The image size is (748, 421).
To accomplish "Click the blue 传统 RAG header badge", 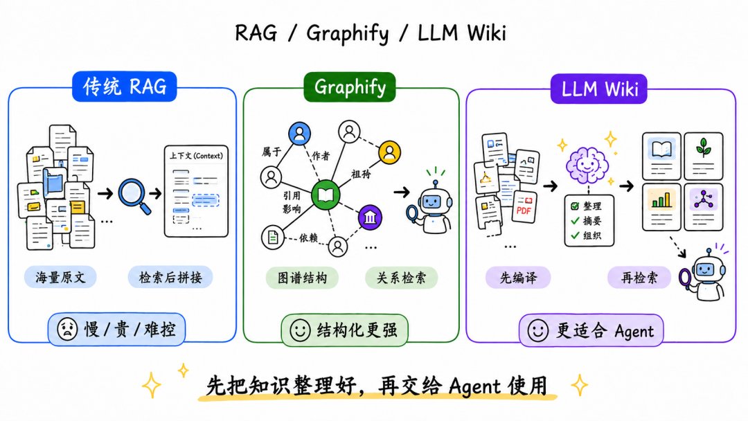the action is [125, 87].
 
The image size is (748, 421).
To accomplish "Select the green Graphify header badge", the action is [350, 87].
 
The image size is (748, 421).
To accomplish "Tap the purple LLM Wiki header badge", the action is [598, 89].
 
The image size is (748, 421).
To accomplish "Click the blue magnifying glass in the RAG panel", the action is [134, 195].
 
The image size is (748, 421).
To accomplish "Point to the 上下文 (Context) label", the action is [196, 155].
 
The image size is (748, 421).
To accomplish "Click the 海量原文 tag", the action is [60, 277].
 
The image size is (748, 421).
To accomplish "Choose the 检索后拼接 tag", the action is [170, 277].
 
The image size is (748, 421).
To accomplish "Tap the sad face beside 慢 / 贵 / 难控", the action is [67, 329].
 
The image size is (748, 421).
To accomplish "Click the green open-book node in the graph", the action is [326, 195].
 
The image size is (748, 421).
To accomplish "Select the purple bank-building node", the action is [370, 217].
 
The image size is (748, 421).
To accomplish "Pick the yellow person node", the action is [390, 152].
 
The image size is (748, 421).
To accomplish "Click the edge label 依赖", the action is [308, 238].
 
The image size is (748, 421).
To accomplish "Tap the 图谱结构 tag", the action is [302, 278].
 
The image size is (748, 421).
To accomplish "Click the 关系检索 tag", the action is [401, 278].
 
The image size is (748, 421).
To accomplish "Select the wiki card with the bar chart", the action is [661, 207].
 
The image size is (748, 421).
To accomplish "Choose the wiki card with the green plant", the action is [704, 156].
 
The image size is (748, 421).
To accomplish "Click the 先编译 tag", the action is [518, 278].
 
